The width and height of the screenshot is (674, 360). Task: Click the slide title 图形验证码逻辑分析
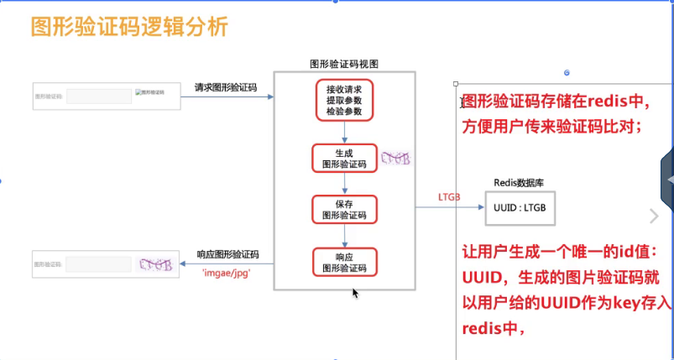pyautogui.click(x=129, y=27)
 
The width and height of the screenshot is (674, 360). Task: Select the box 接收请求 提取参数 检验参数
pyautogui.click(x=344, y=100)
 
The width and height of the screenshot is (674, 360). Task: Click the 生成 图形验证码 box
pyautogui.click(x=344, y=159)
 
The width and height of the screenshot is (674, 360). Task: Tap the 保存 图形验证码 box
pyautogui.click(x=344, y=209)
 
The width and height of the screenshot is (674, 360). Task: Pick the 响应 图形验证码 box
pyautogui.click(x=344, y=262)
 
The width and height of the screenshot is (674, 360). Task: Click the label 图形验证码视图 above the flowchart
pyautogui.click(x=344, y=64)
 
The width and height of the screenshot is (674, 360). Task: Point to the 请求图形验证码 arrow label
pyautogui.click(x=225, y=86)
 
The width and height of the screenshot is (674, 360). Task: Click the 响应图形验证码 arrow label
pyautogui.click(x=227, y=254)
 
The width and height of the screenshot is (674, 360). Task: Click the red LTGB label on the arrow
pyautogui.click(x=449, y=197)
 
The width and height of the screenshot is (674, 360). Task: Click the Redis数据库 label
pyautogui.click(x=520, y=183)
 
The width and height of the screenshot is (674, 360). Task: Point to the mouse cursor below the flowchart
pyautogui.click(x=356, y=293)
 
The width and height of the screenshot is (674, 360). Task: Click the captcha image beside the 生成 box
pyautogui.click(x=394, y=158)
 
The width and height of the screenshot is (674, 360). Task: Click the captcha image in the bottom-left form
pyautogui.click(x=156, y=263)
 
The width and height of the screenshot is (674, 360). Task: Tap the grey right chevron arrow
pyautogui.click(x=655, y=217)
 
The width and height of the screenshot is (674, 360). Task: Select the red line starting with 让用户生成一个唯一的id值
pyautogui.click(x=553, y=252)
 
